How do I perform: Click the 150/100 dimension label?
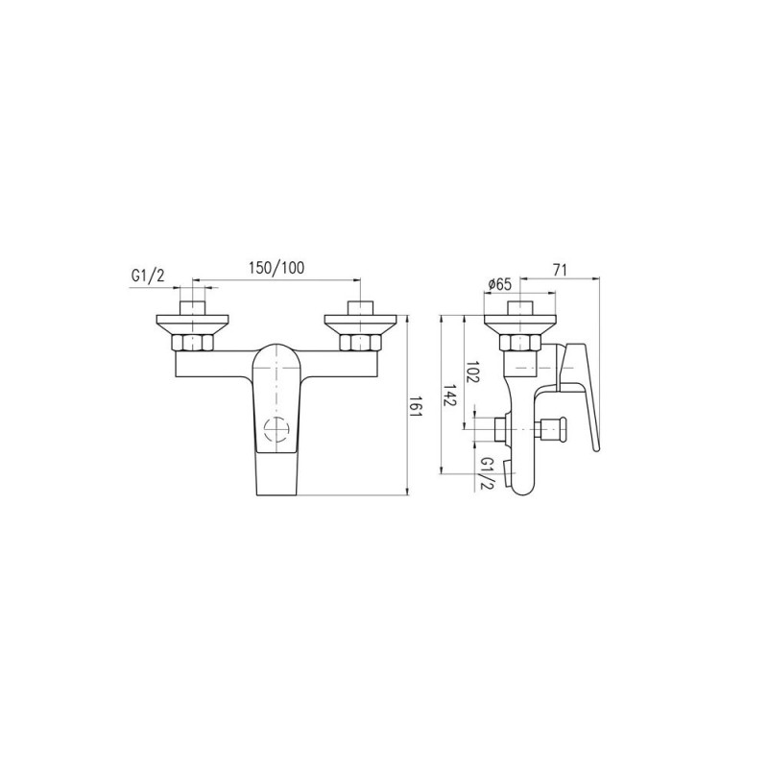pos(276,268)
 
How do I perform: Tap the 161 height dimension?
pos(416,406)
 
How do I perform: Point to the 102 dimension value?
pos(472,372)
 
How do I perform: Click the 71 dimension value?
pos(560,269)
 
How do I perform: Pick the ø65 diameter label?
pos(499,284)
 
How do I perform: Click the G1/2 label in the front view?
pos(148,276)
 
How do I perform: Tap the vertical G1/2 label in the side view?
pos(488,472)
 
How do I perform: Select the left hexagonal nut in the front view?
pos(192,343)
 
